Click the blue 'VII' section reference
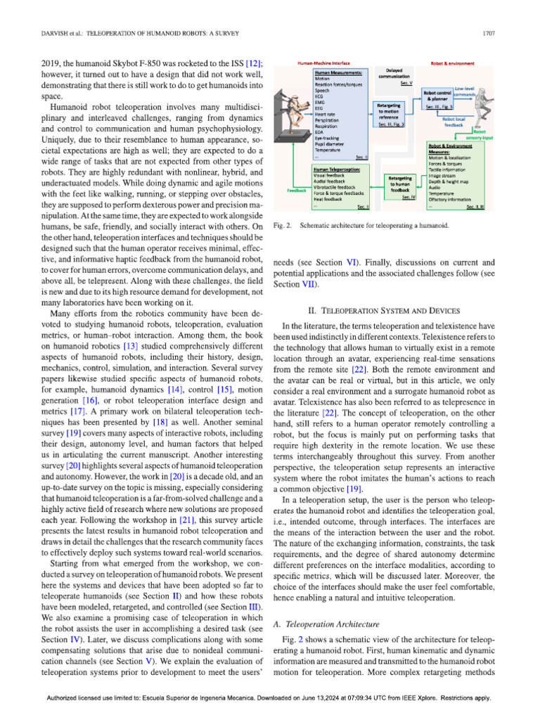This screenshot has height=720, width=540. [x=307, y=284]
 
